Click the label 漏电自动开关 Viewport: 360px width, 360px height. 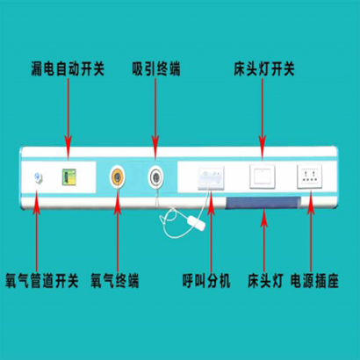coord(68,69)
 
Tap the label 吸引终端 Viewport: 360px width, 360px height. coord(156,69)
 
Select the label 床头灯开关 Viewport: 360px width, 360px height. coord(264,69)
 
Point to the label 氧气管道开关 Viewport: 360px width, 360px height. coord(42,281)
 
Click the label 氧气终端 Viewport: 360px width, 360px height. coord(114,281)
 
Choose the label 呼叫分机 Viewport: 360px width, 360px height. coord(206,281)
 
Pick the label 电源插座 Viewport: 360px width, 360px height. coord(314,281)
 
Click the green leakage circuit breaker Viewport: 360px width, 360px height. coord(69,177)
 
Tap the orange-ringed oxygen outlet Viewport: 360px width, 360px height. coord(118,176)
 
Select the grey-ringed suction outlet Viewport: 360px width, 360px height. coord(155,176)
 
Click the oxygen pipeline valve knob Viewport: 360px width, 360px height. coord(38,177)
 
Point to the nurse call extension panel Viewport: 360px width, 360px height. coord(211,177)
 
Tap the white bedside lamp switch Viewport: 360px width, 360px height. coord(263,176)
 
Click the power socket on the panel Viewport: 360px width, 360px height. coord(310,176)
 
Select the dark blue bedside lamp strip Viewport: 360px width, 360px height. coord(263,203)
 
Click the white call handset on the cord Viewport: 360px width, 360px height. coord(196,223)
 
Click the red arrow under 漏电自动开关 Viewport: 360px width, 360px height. coord(68,119)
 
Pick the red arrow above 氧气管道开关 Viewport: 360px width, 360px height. coord(37,231)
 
